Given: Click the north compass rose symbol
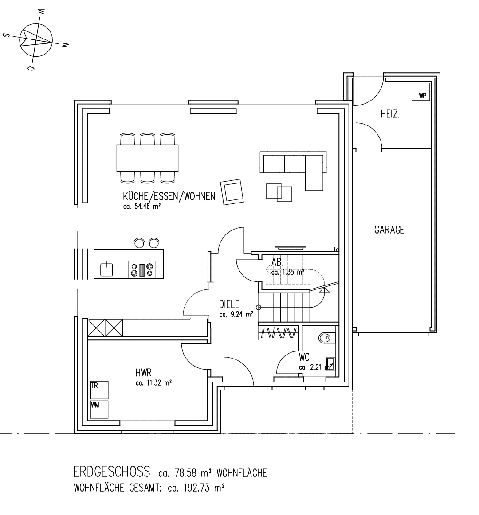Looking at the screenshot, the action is click(x=36, y=39).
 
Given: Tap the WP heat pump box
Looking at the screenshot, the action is click(x=420, y=92).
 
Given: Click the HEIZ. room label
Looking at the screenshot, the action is click(x=390, y=114).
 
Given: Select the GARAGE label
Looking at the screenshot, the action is click(x=389, y=230).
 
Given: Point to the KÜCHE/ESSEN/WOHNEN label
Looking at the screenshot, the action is click(x=169, y=196).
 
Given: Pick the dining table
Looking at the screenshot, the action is click(x=147, y=158).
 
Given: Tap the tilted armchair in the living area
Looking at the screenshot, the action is click(x=232, y=192).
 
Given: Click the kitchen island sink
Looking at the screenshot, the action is click(x=106, y=269).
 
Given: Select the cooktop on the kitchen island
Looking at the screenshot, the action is click(x=141, y=269).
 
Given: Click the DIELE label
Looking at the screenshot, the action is click(x=229, y=304).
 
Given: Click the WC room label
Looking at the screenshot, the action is click(x=304, y=357).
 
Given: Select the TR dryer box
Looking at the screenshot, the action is click(x=99, y=390).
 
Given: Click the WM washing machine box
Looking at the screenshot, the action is click(x=99, y=410).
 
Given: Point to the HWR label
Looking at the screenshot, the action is click(x=143, y=373).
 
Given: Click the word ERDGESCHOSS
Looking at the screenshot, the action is click(x=112, y=472).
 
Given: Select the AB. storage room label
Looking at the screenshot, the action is click(x=278, y=262).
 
